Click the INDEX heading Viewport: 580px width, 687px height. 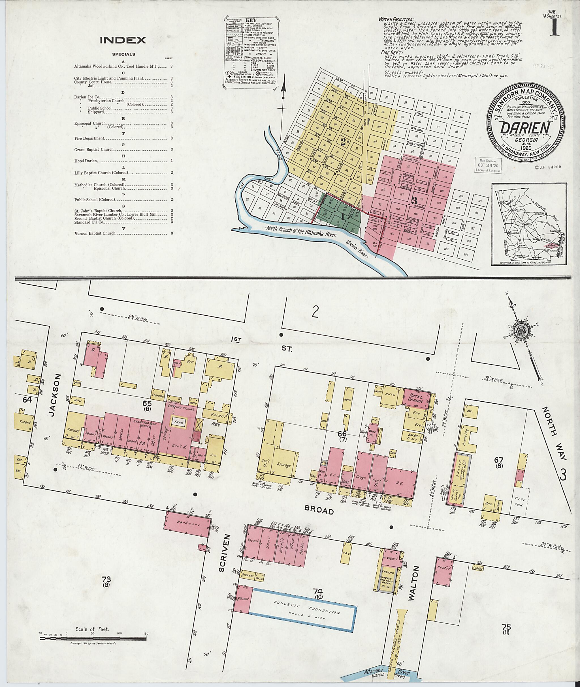(123, 40)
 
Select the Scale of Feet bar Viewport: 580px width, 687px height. (93, 639)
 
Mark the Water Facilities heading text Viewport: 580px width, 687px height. (396, 19)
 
